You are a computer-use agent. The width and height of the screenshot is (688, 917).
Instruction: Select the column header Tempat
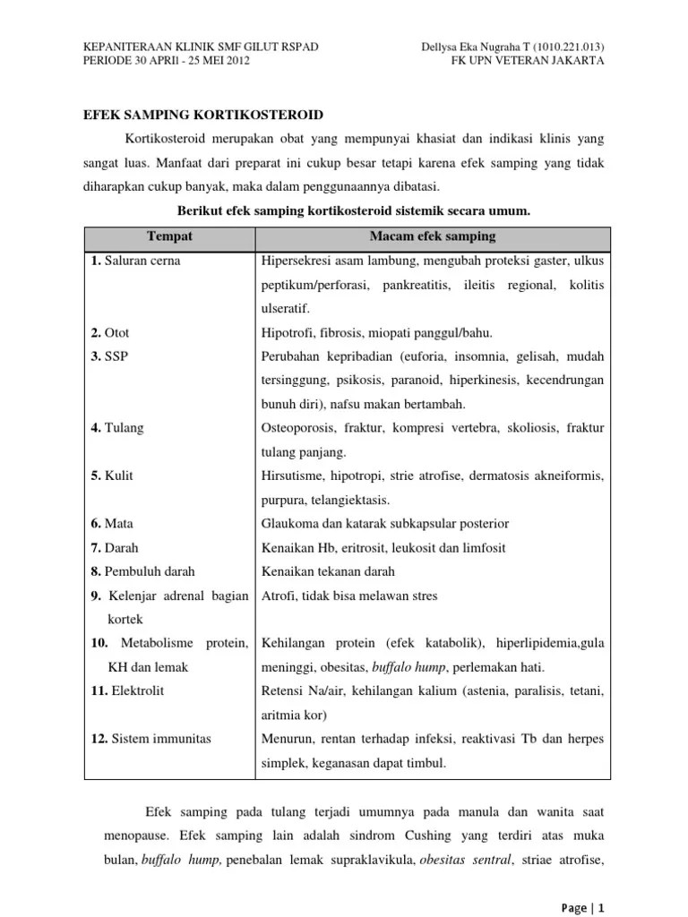(170, 236)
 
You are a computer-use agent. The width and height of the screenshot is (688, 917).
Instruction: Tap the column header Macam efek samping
(433, 236)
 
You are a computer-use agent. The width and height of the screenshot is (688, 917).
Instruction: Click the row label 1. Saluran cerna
(135, 261)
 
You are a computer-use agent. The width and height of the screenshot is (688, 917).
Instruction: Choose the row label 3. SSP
(108, 356)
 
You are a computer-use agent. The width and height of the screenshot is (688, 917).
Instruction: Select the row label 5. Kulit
(112, 476)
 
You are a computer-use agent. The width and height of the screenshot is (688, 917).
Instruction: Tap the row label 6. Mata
(112, 524)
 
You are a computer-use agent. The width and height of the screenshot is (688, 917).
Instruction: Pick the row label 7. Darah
(115, 547)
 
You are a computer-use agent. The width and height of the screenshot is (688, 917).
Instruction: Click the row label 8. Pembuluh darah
(142, 571)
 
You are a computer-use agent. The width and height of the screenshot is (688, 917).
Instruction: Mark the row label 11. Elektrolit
(127, 690)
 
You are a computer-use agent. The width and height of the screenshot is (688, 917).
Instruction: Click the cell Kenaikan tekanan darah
(328, 571)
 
